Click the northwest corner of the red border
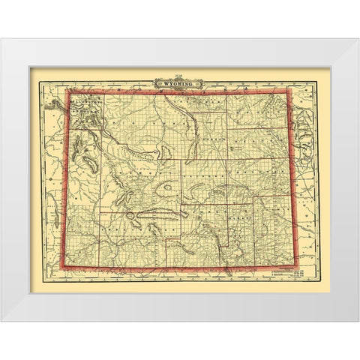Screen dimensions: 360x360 coord(70,91)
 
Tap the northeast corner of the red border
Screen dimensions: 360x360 coord(291,89)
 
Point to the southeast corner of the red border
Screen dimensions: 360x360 coord(294,266)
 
